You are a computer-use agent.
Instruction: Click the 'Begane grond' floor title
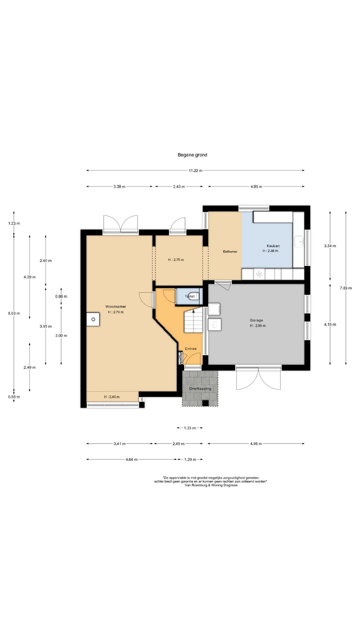point(192,155)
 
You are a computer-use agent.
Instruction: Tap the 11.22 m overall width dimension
point(196,171)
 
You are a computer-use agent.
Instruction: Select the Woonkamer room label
point(116,307)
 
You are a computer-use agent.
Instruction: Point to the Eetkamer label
point(230,252)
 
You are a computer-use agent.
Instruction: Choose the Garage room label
point(256,320)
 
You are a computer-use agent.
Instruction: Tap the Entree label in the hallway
point(191,349)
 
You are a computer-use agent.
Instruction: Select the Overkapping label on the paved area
point(200,389)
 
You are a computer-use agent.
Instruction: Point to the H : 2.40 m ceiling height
point(112,397)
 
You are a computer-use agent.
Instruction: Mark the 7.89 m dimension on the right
point(346,288)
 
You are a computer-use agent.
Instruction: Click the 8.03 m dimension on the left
point(14,313)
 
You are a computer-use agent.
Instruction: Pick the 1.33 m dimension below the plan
point(190,428)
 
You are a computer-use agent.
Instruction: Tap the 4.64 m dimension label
point(131,460)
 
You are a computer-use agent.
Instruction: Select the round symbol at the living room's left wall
point(93,319)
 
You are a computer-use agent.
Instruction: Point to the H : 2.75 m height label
point(176,260)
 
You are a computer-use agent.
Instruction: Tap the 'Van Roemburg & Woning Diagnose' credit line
point(211,485)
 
